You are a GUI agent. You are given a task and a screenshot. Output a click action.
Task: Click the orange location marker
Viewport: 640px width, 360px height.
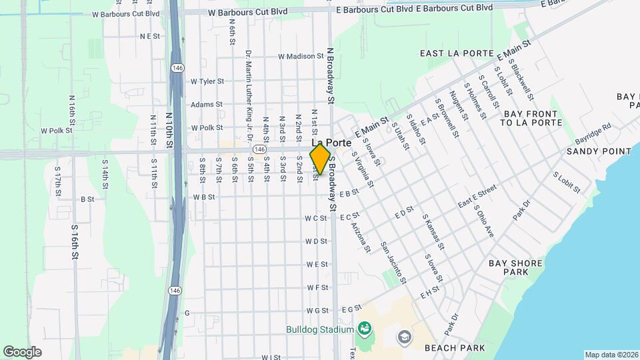coord(320,159)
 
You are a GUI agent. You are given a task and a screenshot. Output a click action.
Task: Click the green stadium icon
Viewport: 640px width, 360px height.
coord(364,328)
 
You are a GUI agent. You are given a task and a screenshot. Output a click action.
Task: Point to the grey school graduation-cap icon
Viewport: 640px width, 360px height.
coord(404,337)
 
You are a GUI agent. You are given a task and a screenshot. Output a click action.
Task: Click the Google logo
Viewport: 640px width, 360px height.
coord(22,351)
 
